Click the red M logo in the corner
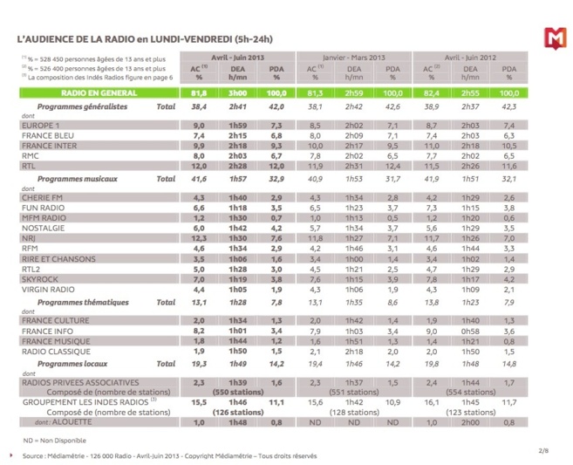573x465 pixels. click(553, 38)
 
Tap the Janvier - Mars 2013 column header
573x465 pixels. click(353, 58)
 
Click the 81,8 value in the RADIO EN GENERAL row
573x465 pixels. click(198, 92)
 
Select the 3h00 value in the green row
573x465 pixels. click(238, 92)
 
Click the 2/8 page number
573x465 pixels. click(543, 449)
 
